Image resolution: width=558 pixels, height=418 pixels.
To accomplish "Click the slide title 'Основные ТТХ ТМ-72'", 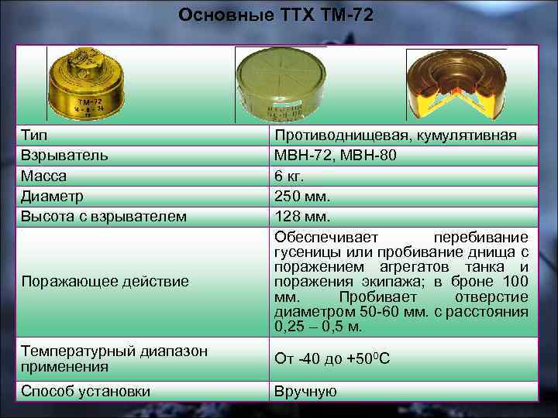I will pos(275,15).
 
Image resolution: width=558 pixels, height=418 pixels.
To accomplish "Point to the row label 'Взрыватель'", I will pos(65,156).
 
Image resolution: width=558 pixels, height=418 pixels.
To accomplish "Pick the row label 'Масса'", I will pos(44,176).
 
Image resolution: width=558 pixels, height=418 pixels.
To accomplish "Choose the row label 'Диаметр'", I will pos(53,197).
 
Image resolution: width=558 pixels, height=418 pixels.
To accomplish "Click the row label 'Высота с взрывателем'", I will pos(104,217).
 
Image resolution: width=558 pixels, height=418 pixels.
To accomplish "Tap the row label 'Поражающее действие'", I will pos(105,281).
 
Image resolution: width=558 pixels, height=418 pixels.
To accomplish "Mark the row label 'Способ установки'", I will pos(86,391).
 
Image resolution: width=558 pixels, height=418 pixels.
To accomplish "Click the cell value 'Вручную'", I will pos(305,391).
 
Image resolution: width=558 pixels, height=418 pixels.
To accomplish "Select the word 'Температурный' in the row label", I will pos(73,351).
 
